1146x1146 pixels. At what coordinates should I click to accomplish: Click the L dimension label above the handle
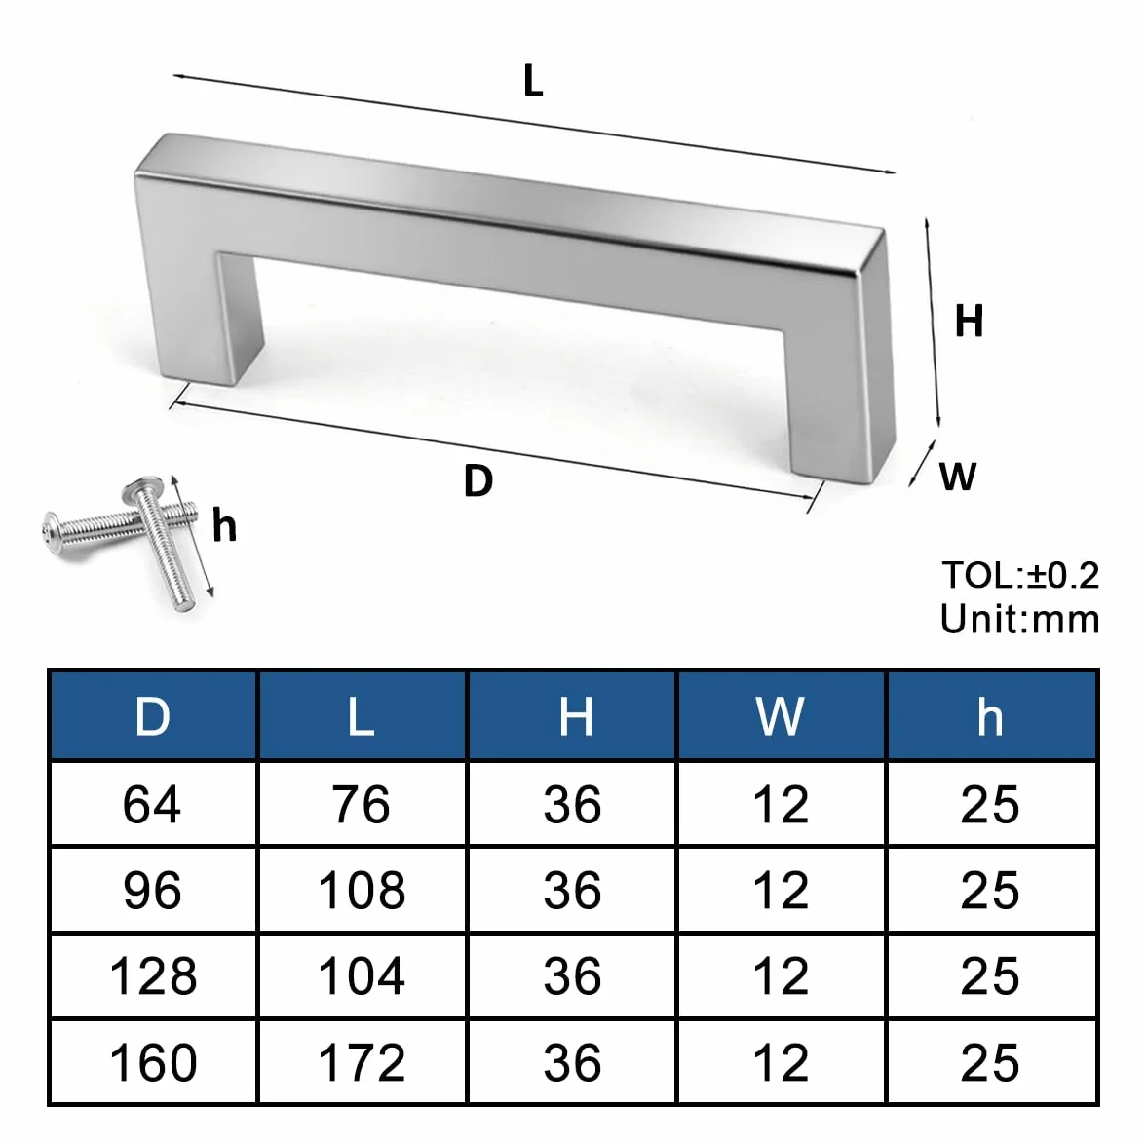[x=534, y=81]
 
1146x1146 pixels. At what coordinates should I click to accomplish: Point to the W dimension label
[x=957, y=477]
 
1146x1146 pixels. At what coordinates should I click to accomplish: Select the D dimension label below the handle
[x=478, y=481]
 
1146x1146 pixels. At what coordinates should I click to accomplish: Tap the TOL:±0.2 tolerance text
[x=1020, y=575]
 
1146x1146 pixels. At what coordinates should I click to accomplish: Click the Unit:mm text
[x=1020, y=619]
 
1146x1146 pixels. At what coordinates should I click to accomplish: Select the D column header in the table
[x=153, y=716]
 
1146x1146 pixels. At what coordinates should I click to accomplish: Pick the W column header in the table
[x=781, y=716]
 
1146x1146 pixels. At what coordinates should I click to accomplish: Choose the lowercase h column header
[x=990, y=716]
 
